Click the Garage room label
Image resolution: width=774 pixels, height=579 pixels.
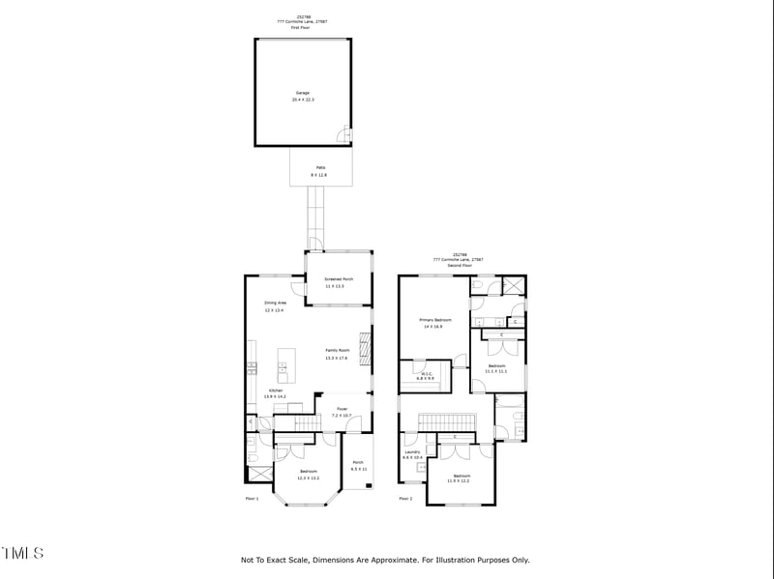tap(303, 93)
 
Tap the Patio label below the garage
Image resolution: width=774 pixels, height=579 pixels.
tap(319, 167)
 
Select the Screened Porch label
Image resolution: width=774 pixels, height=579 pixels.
tap(338, 278)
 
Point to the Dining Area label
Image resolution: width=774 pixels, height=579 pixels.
tap(276, 303)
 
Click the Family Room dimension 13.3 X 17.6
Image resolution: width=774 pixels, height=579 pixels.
tap(336, 358)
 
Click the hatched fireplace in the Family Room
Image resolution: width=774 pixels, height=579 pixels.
tap(366, 347)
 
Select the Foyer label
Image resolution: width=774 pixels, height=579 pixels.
tap(342, 409)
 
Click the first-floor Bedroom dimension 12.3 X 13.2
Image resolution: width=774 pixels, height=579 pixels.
tap(308, 478)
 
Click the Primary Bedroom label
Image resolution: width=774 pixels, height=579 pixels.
tap(435, 319)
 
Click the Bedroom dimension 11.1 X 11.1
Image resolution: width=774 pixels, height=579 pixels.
tap(496, 371)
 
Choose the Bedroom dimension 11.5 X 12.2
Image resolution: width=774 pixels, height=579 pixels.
tap(459, 480)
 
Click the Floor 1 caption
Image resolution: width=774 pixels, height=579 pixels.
tap(252, 499)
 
